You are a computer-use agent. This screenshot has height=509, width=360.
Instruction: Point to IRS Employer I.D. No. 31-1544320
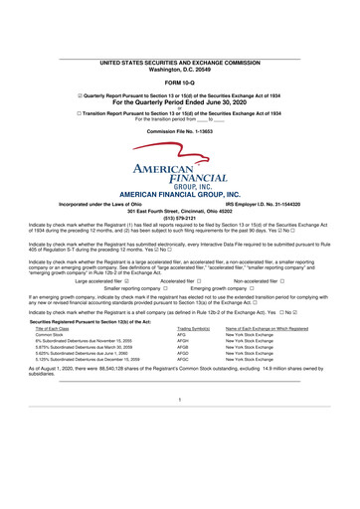point(267,203)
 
